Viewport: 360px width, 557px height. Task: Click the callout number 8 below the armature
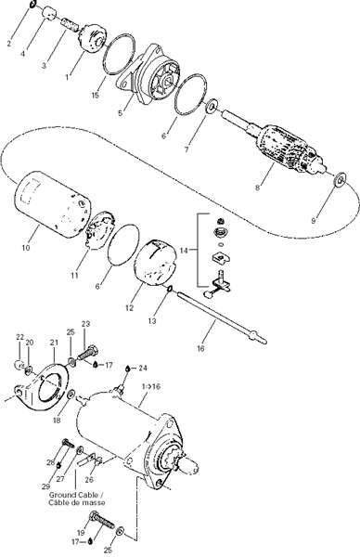pos(257,188)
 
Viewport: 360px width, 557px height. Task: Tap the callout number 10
pos(26,248)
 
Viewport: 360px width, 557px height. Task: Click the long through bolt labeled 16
pos(221,317)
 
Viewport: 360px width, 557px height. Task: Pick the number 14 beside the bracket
pos(184,251)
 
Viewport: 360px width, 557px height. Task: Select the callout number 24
pos(142,368)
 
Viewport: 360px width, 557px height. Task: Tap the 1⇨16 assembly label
pos(151,386)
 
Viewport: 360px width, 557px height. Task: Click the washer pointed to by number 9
pos(341,178)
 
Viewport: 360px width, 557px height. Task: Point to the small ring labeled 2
pos(32,5)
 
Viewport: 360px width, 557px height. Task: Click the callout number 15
pos(95,95)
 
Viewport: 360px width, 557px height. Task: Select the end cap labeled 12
pos(155,263)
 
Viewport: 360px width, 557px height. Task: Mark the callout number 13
pos(152,321)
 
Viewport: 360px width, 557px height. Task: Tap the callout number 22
pos(19,336)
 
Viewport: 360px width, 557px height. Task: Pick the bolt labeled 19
pos(103,521)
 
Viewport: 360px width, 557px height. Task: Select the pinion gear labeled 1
pos(92,36)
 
